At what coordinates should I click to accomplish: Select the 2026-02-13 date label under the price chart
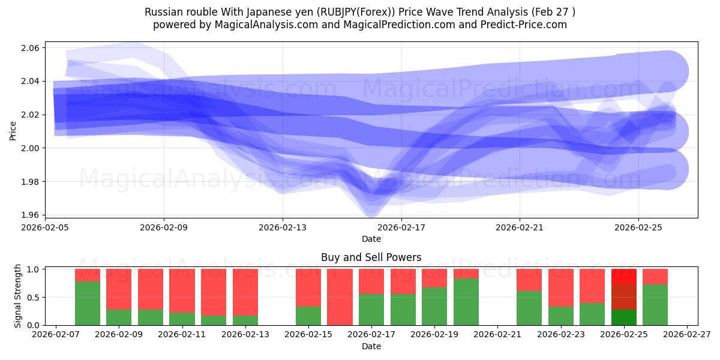283,228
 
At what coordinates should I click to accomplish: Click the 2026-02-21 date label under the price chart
519,228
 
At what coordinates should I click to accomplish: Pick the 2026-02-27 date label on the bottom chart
687,335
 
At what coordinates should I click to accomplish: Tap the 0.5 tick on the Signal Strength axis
35,298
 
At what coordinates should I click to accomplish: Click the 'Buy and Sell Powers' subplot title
371,257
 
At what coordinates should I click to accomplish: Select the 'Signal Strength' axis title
18,295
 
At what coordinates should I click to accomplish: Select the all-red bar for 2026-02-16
340,297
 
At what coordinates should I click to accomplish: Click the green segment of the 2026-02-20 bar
466,302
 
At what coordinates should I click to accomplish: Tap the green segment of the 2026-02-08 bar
88,303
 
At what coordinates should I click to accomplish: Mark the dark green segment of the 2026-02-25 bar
624,317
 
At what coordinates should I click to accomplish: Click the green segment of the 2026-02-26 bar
655,305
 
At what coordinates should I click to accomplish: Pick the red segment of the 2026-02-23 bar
561,287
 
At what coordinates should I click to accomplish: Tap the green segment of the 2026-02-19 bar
434,306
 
